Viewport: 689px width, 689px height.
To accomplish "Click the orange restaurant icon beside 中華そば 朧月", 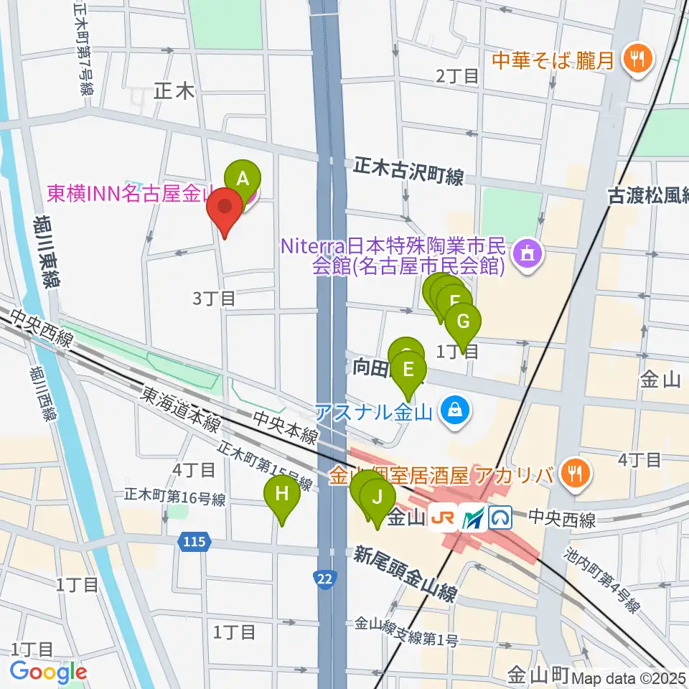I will tap(636, 58).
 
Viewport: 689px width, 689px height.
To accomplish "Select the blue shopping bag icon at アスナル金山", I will tap(453, 412).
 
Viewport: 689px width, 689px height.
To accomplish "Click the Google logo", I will tap(48, 672).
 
